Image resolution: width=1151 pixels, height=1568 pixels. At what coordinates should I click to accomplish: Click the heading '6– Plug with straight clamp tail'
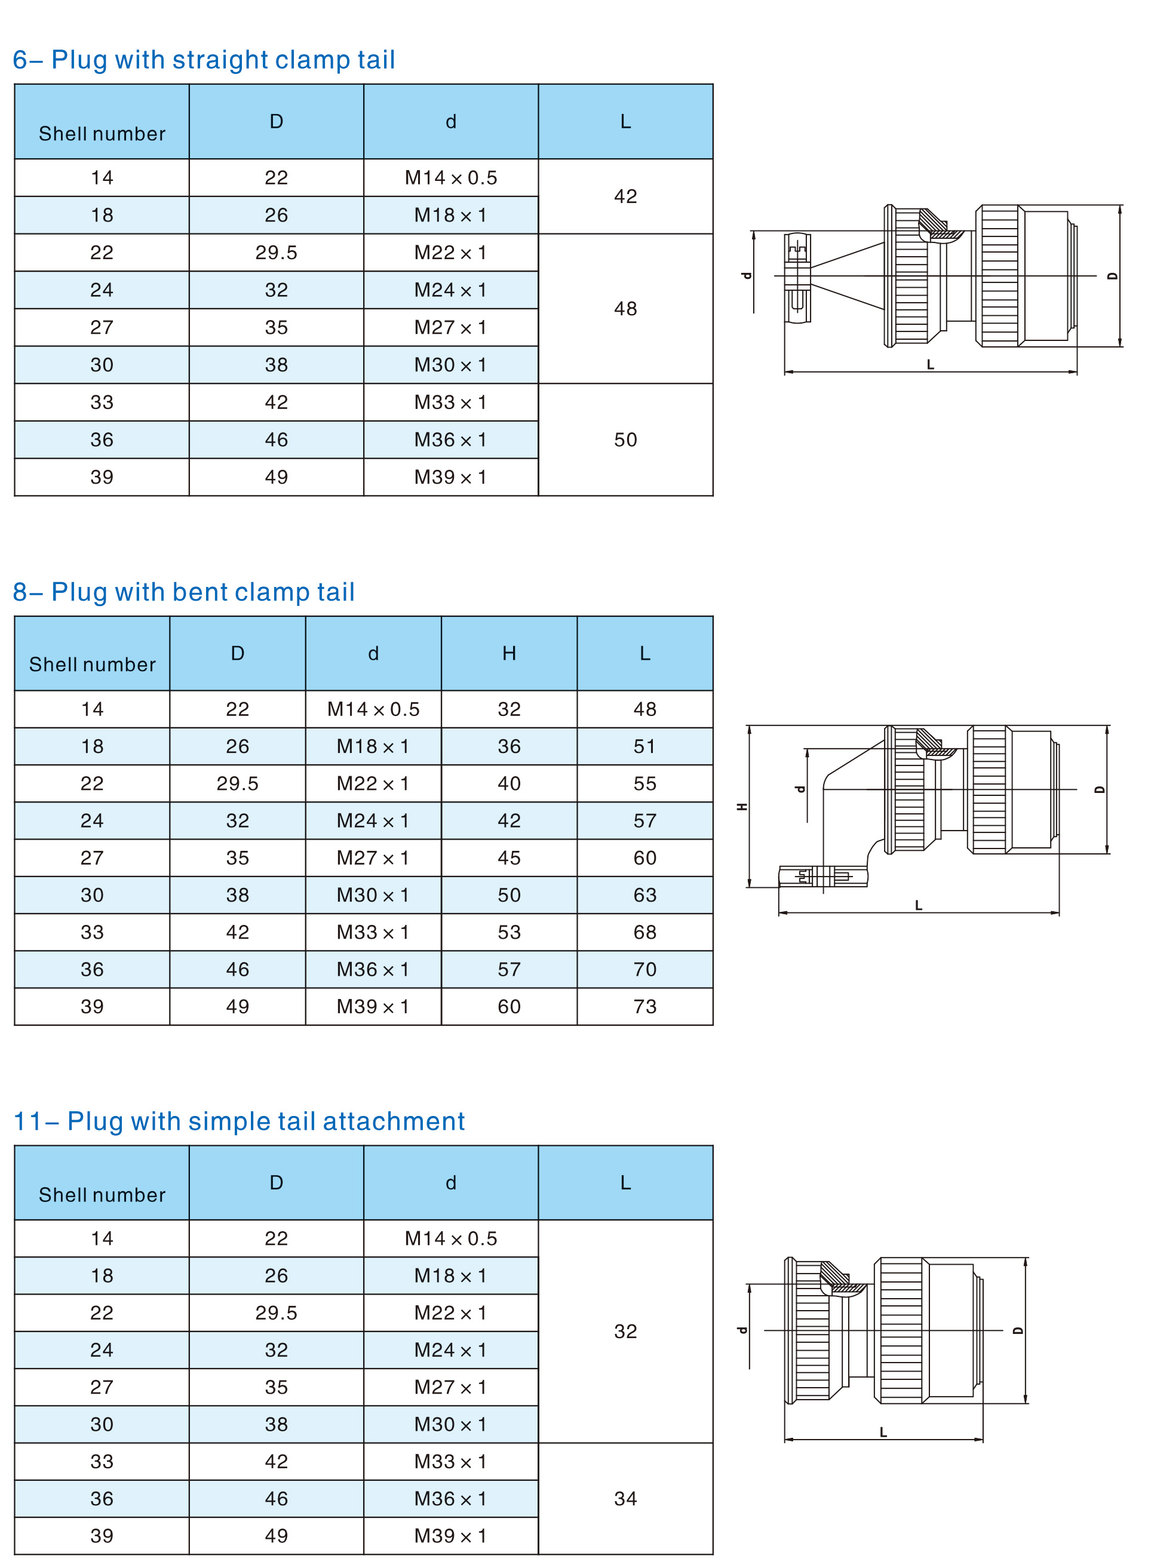click(204, 60)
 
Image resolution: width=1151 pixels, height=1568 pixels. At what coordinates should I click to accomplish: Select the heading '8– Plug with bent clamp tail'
click(184, 592)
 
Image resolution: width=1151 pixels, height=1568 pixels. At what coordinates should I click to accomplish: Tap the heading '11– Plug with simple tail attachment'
click(239, 1121)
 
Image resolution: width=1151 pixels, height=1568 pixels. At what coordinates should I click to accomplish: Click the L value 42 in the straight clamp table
click(625, 196)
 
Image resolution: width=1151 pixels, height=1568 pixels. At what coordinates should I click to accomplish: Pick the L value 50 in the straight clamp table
click(625, 439)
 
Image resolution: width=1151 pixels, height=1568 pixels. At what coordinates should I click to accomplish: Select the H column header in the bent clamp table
click(509, 653)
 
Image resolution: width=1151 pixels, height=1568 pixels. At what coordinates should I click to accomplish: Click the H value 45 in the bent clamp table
click(509, 857)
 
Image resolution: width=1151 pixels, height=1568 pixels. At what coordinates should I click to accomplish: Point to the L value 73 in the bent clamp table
click(644, 1007)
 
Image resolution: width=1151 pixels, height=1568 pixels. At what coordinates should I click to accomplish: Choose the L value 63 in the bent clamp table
click(644, 895)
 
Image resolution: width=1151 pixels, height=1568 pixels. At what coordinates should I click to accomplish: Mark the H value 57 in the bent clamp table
click(509, 969)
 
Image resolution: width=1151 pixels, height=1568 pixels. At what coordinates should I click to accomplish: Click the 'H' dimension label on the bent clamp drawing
click(742, 807)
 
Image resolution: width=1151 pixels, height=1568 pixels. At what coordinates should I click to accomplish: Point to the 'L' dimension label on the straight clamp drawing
click(930, 364)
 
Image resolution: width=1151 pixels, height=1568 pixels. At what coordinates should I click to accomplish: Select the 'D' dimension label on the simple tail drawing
click(1018, 1330)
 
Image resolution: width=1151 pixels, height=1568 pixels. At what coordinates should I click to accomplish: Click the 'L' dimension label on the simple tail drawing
click(883, 1432)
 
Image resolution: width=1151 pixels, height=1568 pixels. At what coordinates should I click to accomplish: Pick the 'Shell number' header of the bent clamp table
click(92, 665)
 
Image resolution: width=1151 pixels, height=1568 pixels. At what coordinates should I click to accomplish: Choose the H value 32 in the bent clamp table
click(509, 709)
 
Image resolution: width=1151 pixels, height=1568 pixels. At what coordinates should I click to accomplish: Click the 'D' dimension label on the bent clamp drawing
click(1100, 790)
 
